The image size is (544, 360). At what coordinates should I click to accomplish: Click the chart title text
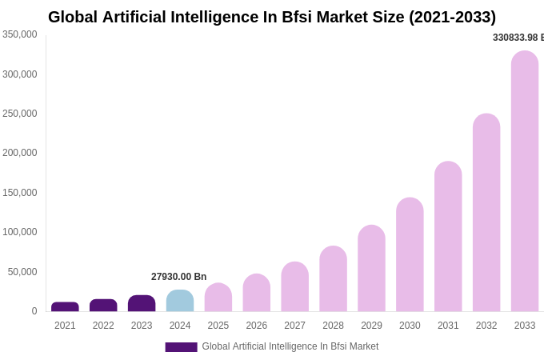272,17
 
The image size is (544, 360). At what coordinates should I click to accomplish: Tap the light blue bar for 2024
180,302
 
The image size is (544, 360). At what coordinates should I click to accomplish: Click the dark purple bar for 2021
65,307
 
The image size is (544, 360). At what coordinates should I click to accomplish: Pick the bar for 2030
410,255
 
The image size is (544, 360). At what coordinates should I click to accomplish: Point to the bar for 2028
333,279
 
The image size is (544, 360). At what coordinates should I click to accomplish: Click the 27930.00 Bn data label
178,277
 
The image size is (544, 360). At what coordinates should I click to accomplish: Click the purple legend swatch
181,347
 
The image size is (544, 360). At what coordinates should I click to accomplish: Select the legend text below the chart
290,346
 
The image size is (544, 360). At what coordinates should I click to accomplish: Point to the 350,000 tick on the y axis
20,34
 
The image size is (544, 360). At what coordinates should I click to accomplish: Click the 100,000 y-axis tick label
20,232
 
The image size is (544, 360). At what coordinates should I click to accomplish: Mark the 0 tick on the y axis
34,311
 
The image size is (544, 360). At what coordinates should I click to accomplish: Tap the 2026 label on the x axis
257,326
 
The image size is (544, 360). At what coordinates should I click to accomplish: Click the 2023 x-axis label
142,326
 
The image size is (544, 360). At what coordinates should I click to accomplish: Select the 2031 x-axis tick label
448,326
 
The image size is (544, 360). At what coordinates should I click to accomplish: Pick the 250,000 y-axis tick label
20,114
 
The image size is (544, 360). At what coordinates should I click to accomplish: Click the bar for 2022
103,306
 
